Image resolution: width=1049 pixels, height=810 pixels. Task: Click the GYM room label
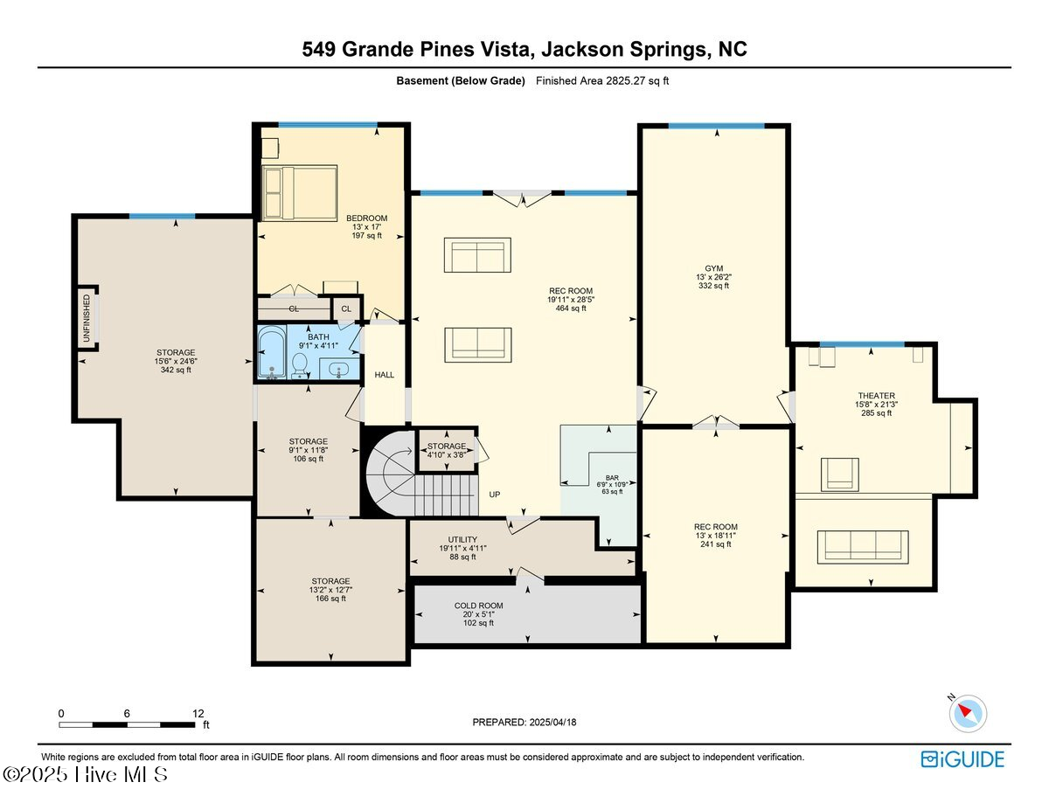click(x=715, y=269)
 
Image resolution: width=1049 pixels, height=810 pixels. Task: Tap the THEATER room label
click(x=876, y=396)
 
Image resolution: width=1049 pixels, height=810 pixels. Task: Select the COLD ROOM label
click(x=478, y=606)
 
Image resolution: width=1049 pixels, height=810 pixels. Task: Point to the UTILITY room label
click(x=462, y=539)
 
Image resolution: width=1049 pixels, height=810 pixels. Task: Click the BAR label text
click(x=612, y=478)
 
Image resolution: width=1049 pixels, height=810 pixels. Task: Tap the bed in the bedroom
click(x=300, y=193)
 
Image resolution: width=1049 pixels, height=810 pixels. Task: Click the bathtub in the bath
click(x=272, y=354)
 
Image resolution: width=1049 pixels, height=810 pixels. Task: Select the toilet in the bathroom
click(x=299, y=364)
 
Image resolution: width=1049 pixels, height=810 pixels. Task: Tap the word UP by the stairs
click(x=494, y=495)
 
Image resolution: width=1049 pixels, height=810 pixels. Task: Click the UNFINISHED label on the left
click(x=87, y=318)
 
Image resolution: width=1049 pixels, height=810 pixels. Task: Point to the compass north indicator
click(x=967, y=712)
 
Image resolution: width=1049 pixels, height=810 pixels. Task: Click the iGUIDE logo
click(x=962, y=759)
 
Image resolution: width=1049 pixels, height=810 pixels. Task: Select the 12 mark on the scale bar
click(x=198, y=713)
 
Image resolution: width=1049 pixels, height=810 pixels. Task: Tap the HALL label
click(x=385, y=375)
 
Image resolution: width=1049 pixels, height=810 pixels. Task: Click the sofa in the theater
click(x=862, y=545)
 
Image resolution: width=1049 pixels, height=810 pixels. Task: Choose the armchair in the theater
click(x=838, y=474)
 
